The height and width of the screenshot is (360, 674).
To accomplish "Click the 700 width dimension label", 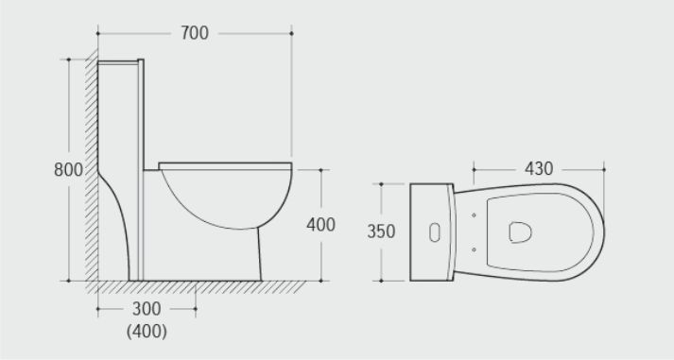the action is [x=195, y=33].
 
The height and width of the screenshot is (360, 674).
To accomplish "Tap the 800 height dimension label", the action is [x=68, y=170].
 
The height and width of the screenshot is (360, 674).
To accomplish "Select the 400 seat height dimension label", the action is [x=320, y=225].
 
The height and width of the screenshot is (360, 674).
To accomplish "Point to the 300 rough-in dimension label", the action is [x=147, y=308].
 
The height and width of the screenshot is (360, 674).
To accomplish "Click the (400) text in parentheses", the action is [x=147, y=332].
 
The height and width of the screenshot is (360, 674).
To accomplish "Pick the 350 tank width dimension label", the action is [x=381, y=231].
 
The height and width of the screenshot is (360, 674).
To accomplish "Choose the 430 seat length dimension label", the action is [x=539, y=169].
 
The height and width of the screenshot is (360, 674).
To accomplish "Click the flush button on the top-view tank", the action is [x=435, y=232].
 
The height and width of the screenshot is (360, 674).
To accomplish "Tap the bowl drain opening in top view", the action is [x=520, y=232].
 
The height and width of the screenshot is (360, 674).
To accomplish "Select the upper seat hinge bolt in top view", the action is [x=474, y=215].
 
